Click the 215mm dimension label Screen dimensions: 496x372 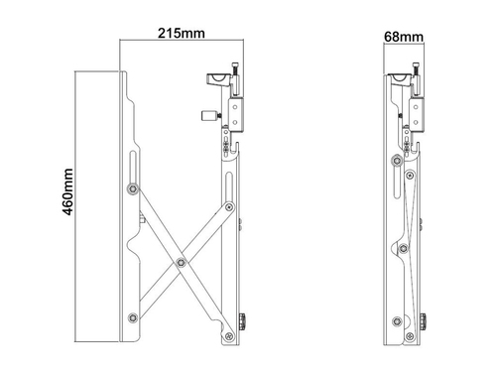click(182, 34)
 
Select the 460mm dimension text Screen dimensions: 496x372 click(67, 192)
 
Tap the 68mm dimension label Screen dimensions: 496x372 click(404, 37)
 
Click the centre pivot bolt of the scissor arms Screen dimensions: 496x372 click(181, 263)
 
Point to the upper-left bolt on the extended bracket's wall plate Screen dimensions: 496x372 click(133, 188)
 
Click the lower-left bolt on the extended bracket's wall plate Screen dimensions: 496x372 click(133, 317)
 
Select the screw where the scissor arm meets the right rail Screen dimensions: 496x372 click(229, 207)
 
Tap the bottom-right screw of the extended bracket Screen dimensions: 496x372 click(229, 336)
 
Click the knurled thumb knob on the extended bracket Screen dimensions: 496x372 click(242, 321)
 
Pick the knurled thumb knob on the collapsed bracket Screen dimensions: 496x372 click(423, 321)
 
